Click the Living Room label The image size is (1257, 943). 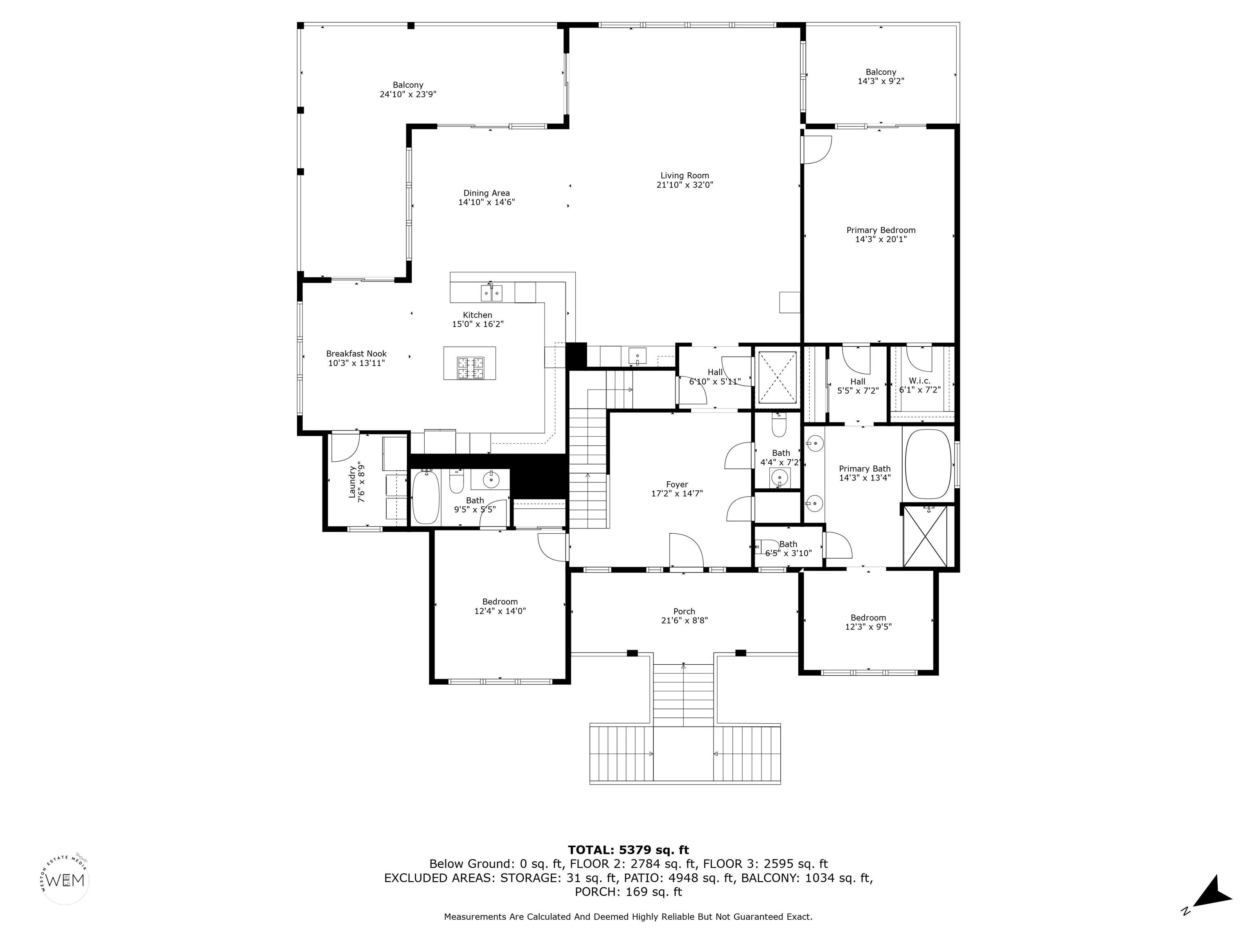coord(684,176)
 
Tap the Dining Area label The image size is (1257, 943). coord(487,193)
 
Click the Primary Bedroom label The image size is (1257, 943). coord(881,230)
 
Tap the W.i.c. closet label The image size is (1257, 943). coord(919,381)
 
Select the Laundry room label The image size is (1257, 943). coord(352,482)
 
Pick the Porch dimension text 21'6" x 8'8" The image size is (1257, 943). coord(684,621)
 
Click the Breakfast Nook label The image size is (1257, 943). coord(356,354)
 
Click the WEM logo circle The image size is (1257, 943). coord(66,880)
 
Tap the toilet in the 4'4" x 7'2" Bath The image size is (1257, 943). coord(779,424)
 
